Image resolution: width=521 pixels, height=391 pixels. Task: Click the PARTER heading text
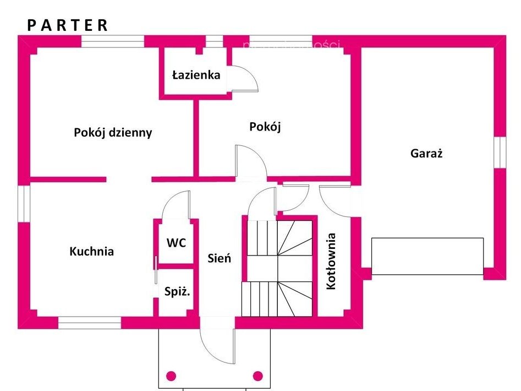tap(68, 25)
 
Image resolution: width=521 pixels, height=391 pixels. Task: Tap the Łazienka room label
tap(196, 75)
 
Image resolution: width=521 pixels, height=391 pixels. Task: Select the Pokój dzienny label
tap(113, 133)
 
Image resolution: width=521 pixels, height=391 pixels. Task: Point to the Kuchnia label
tap(92, 252)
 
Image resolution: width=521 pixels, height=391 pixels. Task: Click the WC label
tap(176, 242)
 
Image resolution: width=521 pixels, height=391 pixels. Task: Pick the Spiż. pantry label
tap(177, 292)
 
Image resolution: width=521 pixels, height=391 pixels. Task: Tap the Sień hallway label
tap(220, 258)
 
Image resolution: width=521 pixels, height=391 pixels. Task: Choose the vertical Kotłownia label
tap(331, 261)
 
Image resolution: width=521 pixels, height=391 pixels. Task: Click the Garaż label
tap(426, 154)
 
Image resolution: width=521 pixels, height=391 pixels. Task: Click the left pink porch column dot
tap(171, 376)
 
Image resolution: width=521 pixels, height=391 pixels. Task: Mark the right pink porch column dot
tap(257, 376)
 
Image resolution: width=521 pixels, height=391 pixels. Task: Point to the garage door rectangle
tap(427, 256)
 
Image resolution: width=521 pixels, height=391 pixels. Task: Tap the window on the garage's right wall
tap(499, 151)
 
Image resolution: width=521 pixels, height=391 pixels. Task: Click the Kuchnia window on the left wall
tap(24, 203)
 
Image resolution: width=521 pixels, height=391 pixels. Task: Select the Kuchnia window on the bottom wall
tap(90, 323)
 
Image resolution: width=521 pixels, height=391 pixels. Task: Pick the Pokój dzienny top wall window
tap(113, 41)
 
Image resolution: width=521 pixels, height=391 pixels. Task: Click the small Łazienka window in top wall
tap(214, 41)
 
